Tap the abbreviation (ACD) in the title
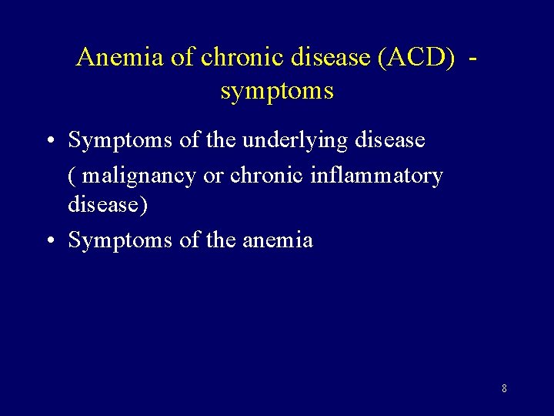pos(415,57)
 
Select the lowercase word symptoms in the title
pos(277,92)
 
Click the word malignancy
pos(139,176)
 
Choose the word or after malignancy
pos(213,176)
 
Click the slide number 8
pos(504,389)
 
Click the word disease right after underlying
pos(389,140)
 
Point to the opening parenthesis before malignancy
pos(72,176)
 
